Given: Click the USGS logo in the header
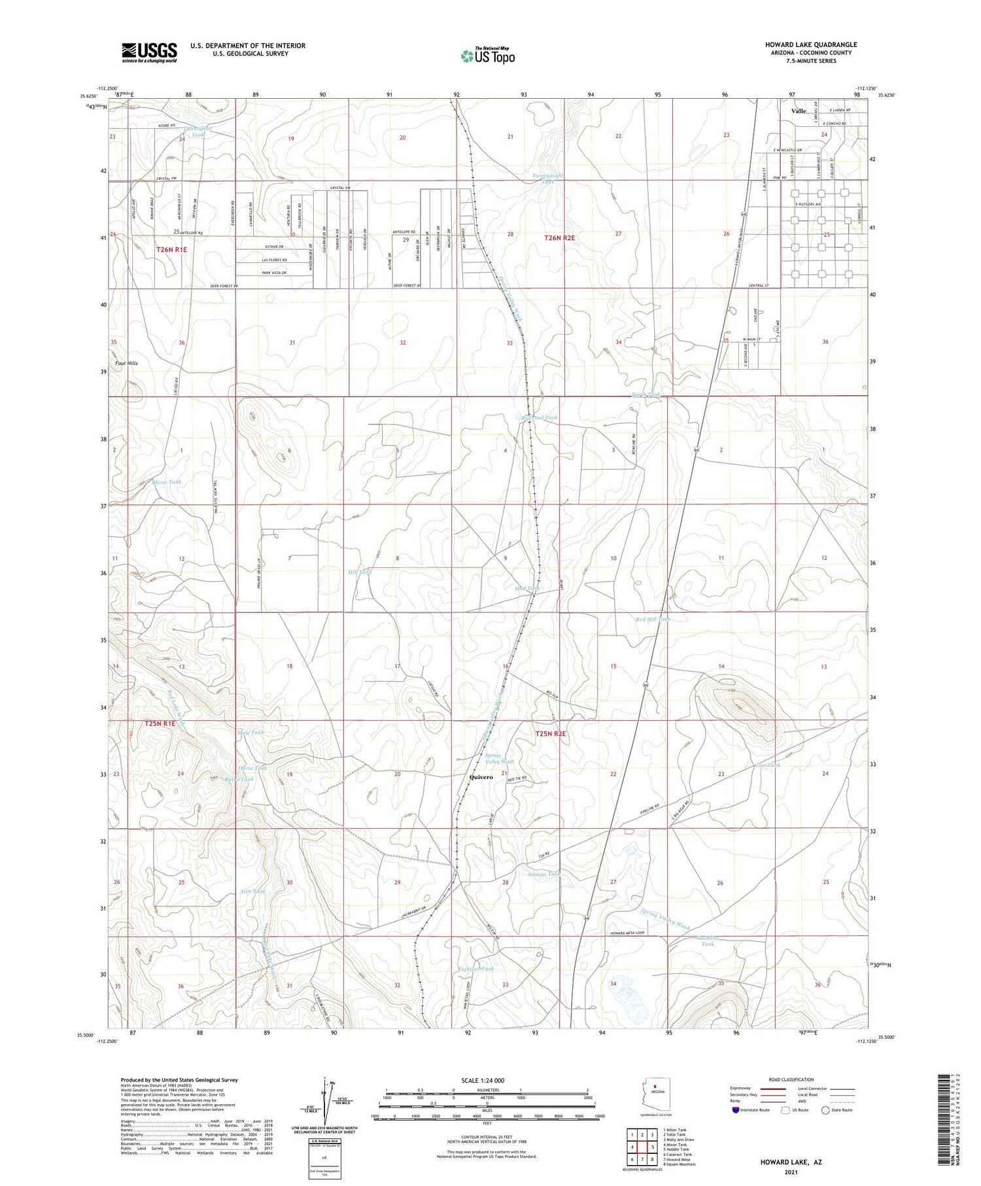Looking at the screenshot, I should pyautogui.click(x=148, y=52).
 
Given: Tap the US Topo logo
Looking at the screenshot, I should pyautogui.click(x=488, y=56).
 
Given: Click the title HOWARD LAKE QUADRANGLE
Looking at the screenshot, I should pyautogui.click(x=811, y=44).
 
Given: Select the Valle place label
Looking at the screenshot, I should pyautogui.click(x=799, y=111).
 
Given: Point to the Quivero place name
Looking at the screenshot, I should pyautogui.click(x=481, y=777).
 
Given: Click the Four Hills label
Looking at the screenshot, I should pyautogui.click(x=126, y=363).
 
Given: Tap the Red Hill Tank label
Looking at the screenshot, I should pyautogui.click(x=653, y=619).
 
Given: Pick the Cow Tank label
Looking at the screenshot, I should pyautogui.click(x=767, y=765).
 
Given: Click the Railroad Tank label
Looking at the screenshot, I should pyautogui.click(x=540, y=417).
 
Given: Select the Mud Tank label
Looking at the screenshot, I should pyautogui.click(x=527, y=589).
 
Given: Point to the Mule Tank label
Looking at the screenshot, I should pyautogui.click(x=250, y=732).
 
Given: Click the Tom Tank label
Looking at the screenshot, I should pyautogui.click(x=252, y=892).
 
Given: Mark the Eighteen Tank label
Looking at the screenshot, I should pyautogui.click(x=475, y=968).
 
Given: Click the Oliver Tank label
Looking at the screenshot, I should pyautogui.click(x=166, y=482).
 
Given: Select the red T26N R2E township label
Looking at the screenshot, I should pyautogui.click(x=559, y=238).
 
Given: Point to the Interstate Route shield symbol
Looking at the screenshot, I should pyautogui.click(x=736, y=1110).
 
